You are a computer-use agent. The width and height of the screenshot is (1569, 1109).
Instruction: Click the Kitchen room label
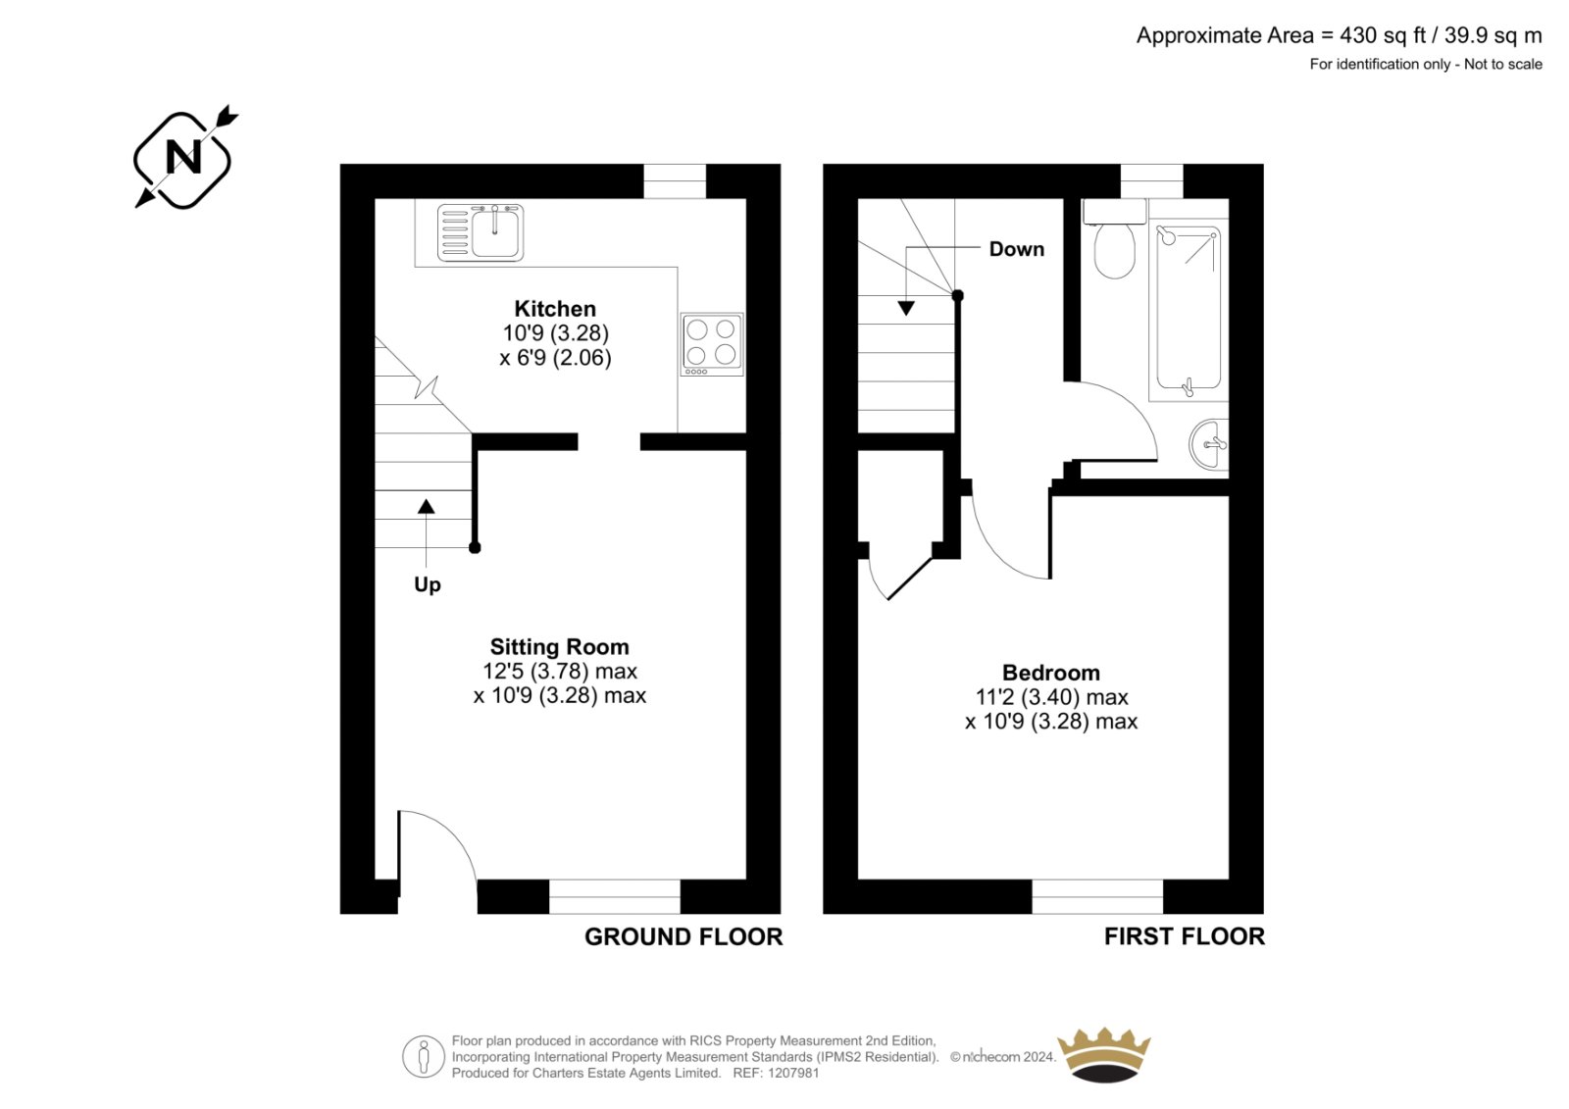coord(555,309)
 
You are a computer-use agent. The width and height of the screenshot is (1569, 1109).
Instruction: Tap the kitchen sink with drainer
coord(481,232)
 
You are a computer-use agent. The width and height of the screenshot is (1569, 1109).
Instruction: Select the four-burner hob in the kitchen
coord(712,344)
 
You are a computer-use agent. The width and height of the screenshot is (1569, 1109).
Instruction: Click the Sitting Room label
coord(559,646)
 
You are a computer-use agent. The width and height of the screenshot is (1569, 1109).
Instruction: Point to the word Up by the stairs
coord(428,585)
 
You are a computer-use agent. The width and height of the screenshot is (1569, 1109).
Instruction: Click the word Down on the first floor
coord(1016,249)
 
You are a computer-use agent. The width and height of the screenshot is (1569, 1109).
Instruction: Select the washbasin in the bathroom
coord(1209,444)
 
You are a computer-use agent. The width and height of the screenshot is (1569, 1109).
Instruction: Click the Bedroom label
coord(1050,673)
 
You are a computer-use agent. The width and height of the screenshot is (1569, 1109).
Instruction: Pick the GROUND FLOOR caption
coord(683,936)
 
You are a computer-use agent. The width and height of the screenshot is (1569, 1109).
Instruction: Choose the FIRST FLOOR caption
coord(1185,936)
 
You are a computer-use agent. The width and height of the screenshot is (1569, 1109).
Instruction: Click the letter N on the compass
coord(183,157)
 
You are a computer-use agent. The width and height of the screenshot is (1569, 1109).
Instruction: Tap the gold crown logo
coord(1104,1055)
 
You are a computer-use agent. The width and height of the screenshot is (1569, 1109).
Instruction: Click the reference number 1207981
coord(793,1073)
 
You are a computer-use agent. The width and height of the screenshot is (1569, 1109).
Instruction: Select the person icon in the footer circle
coord(423,1056)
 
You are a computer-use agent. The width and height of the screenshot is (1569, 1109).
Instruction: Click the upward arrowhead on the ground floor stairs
coord(426,506)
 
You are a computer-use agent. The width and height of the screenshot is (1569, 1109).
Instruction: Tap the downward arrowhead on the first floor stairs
coord(906,308)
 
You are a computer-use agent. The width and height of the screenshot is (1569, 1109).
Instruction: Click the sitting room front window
coord(614,897)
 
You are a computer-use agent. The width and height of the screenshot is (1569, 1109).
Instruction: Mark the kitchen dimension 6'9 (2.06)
coord(555,358)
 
